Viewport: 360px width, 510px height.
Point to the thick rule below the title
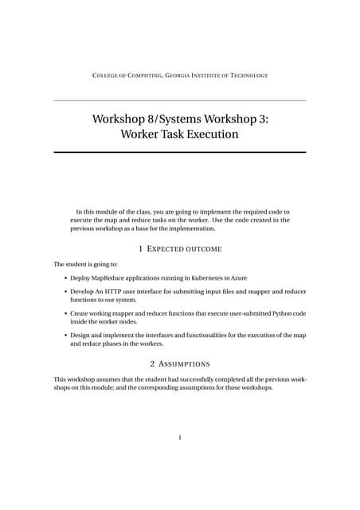179,152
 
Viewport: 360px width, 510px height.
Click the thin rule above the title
179,100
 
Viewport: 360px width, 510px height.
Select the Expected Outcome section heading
185,249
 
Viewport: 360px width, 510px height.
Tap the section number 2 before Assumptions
151,363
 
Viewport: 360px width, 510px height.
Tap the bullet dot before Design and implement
65,336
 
